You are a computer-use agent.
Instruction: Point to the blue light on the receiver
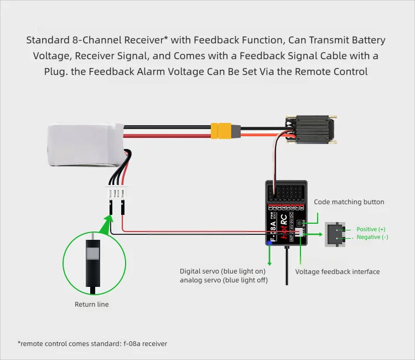pyautogui.click(x=270, y=241)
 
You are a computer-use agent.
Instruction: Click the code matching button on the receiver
pyautogui.click(x=302, y=223)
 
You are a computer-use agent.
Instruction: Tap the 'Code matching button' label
pyautogui.click(x=349, y=202)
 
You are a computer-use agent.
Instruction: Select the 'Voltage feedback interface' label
pyautogui.click(x=338, y=272)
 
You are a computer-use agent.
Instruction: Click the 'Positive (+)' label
pyautogui.click(x=371, y=229)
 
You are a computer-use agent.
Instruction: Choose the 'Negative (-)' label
pyautogui.click(x=372, y=237)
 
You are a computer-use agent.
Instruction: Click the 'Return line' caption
pyautogui.click(x=92, y=304)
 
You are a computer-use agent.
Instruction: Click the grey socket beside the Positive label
pyautogui.click(x=335, y=233)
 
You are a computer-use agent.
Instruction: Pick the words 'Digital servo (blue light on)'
pyautogui.click(x=222, y=271)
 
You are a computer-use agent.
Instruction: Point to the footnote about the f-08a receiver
pyautogui.click(x=92, y=343)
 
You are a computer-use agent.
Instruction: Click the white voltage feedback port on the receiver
pyautogui.click(x=300, y=234)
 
